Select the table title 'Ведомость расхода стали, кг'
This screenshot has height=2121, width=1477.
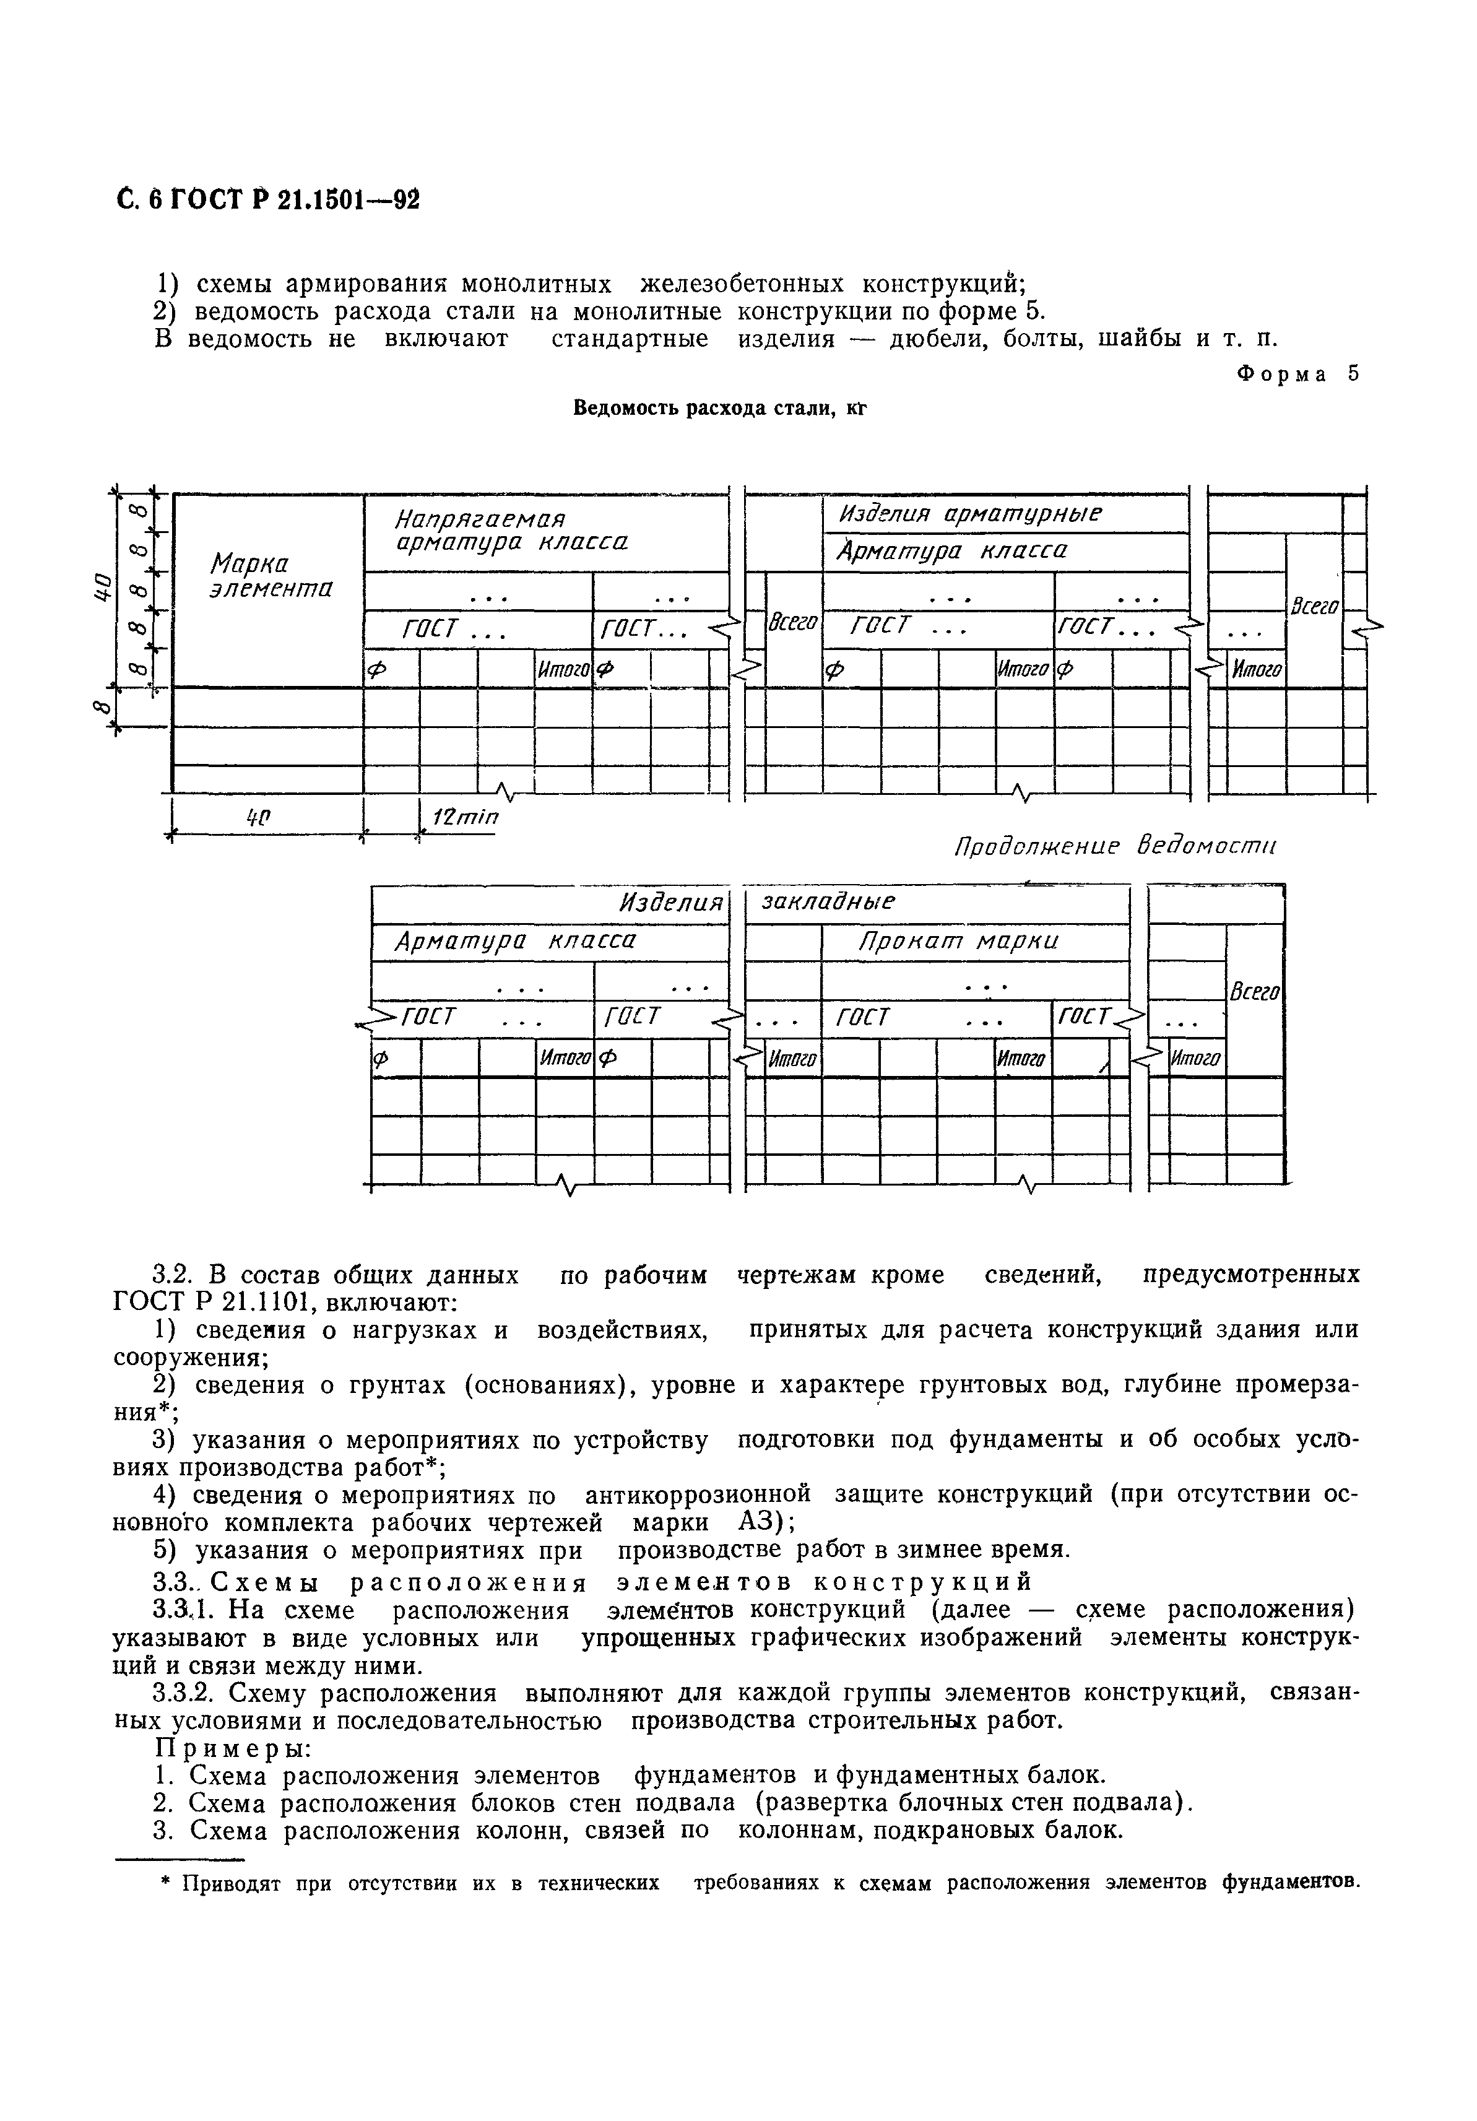[721, 407]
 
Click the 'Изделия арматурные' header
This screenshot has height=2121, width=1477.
[970, 514]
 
